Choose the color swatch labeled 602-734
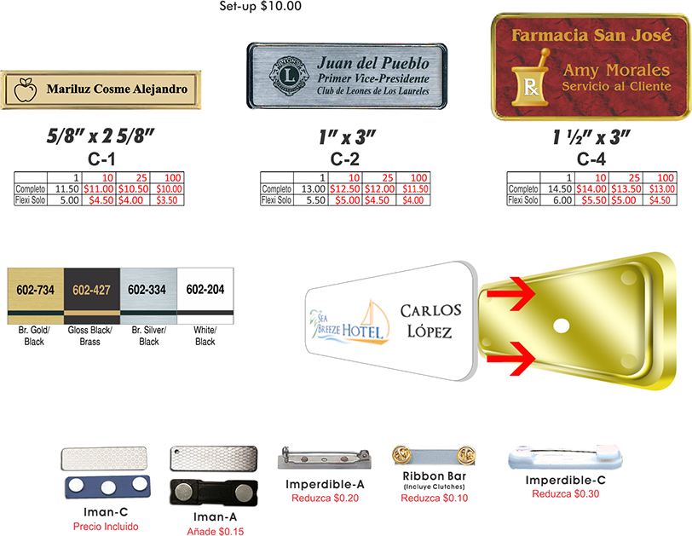point(35,291)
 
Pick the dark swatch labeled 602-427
point(91,291)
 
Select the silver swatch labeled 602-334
point(147,291)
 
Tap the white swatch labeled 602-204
point(205,291)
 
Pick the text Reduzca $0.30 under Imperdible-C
point(565,493)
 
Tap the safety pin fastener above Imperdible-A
point(311,459)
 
